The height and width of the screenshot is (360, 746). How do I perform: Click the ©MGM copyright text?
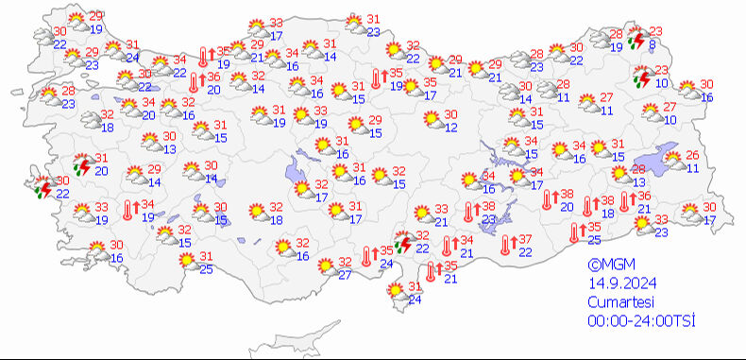pyautogui.click(x=607, y=266)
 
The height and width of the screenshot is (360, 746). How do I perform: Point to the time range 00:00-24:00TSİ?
pyautogui.click(x=640, y=321)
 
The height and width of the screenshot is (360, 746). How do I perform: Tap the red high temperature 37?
pyautogui.click(x=526, y=238)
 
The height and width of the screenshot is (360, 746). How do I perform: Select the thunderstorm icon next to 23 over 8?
pyautogui.click(x=640, y=37)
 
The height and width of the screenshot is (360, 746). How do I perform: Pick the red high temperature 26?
pyautogui.click(x=692, y=156)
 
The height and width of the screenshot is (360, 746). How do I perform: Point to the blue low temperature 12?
pyautogui.click(x=451, y=127)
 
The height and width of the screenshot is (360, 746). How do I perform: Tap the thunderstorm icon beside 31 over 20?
pyautogui.click(x=82, y=165)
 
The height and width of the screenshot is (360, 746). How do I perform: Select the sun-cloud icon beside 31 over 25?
pyautogui.click(x=188, y=260)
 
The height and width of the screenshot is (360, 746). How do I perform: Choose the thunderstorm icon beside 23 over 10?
pyautogui.click(x=643, y=77)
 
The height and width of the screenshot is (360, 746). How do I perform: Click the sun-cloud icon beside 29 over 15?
pyautogui.click(x=355, y=125)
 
